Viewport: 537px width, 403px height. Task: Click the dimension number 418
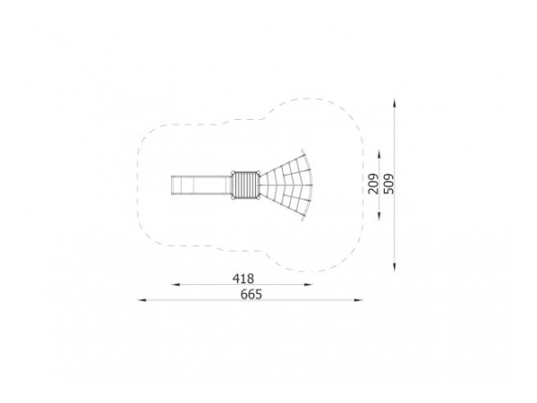(243, 279)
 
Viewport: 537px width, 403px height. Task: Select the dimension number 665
(251, 295)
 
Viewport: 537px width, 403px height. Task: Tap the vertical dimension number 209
(373, 184)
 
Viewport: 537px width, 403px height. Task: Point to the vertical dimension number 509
(389, 184)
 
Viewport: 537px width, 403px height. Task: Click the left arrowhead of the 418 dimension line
(175, 285)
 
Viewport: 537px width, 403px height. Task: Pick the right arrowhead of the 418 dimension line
(309, 285)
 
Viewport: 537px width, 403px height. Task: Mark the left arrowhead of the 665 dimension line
(141, 300)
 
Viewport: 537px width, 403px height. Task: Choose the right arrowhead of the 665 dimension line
(358, 300)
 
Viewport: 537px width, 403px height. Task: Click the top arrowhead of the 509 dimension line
(395, 103)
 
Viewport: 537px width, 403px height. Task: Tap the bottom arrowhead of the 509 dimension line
(395, 268)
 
